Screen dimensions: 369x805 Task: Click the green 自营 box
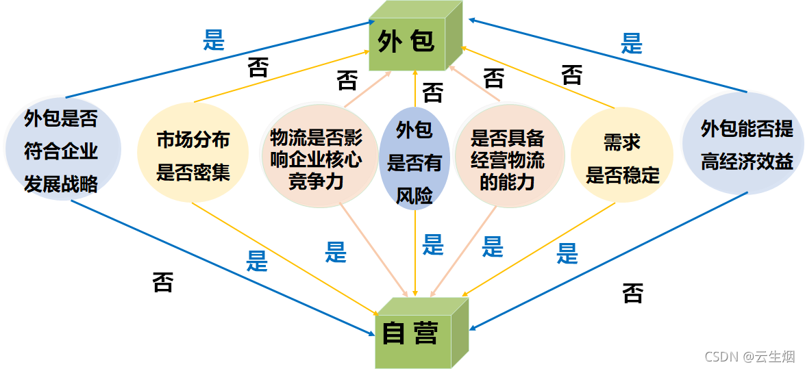pos(410,335)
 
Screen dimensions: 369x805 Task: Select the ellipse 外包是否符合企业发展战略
pos(62,151)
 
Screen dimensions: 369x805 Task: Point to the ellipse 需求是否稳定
pos(621,157)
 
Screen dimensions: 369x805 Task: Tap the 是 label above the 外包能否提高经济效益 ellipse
pos(631,44)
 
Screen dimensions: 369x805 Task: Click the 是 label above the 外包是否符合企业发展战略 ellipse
pos(214,40)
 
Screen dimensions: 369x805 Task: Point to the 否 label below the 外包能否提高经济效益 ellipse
pos(632,293)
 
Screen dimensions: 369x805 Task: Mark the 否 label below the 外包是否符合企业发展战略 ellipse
pos(162,281)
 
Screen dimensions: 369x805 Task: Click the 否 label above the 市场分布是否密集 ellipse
pos(258,68)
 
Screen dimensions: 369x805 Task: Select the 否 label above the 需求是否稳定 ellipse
pos(571,74)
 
